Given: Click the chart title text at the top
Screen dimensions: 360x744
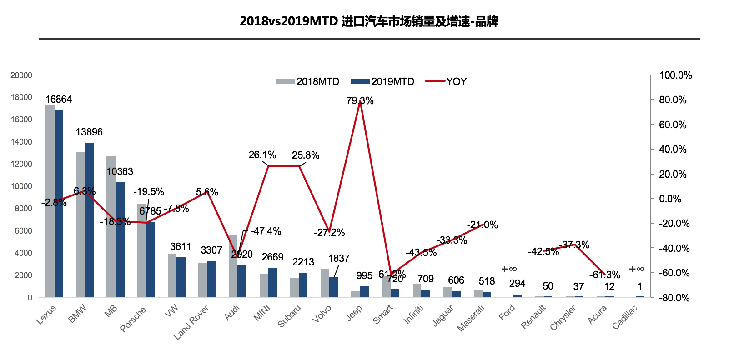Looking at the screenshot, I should [x=369, y=21].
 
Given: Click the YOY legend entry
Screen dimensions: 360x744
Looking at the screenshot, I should [x=447, y=82].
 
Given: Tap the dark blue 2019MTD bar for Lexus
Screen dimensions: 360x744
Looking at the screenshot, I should [x=59, y=205].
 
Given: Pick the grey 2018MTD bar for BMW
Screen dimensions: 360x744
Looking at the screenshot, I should [x=80, y=225].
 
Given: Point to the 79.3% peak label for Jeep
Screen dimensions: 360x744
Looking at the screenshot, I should [x=360, y=101].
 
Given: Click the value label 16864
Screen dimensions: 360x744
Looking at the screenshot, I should [x=58, y=100].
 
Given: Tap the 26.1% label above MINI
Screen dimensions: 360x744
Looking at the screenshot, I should [x=262, y=155].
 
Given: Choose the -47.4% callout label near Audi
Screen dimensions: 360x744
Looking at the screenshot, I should [x=266, y=231].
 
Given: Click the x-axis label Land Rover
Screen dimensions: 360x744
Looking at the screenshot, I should [x=191, y=322].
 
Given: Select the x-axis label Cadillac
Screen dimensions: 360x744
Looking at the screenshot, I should [x=625, y=317].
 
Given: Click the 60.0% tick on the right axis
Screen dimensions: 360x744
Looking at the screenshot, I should [x=673, y=125].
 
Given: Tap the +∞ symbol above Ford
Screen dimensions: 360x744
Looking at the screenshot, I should [x=509, y=270].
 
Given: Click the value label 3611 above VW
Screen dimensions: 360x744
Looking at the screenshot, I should [x=181, y=247].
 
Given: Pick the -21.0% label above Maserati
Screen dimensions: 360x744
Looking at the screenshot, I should [x=482, y=225].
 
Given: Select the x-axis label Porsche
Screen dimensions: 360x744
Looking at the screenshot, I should [x=133, y=319].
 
